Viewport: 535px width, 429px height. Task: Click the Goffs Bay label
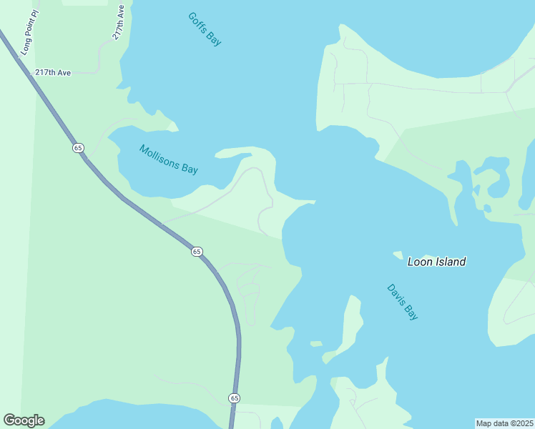205,29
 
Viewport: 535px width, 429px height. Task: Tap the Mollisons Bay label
169,159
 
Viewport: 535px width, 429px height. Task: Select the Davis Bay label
403,302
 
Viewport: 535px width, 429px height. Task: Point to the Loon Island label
436,262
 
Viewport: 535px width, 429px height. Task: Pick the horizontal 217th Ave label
53,73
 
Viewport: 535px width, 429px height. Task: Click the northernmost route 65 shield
78,147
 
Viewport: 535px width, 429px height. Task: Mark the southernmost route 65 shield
234,398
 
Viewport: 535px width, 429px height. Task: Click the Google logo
24,420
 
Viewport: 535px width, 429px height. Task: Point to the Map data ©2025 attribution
504,423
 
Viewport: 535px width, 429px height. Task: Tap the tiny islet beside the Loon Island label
398,255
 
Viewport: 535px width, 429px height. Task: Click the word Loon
420,262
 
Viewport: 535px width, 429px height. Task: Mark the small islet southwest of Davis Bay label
315,344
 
